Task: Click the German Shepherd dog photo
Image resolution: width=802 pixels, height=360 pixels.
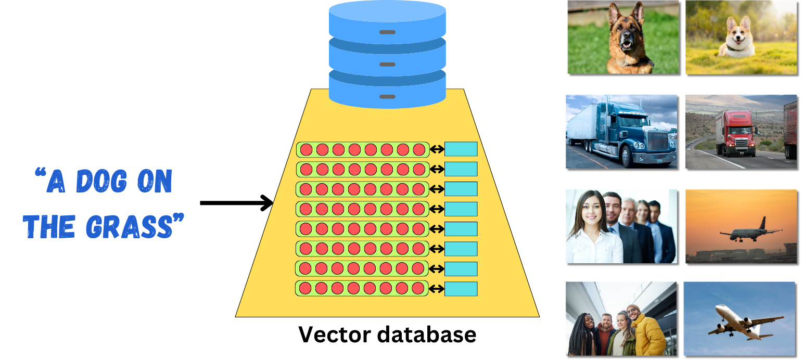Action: click(x=623, y=37)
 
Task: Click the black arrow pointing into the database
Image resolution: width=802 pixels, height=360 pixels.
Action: click(x=237, y=203)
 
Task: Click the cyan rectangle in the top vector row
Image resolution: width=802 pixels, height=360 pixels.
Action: click(x=461, y=149)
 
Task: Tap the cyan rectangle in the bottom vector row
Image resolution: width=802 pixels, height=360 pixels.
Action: click(x=461, y=289)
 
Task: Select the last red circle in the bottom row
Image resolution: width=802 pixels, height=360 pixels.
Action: click(x=418, y=289)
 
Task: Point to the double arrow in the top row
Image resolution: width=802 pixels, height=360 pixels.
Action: click(x=437, y=150)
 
